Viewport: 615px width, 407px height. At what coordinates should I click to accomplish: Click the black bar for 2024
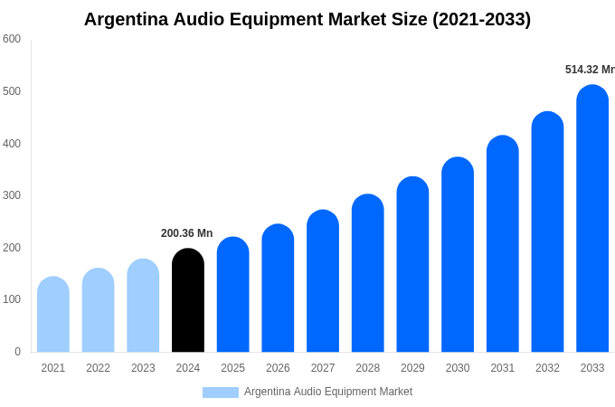coord(188,300)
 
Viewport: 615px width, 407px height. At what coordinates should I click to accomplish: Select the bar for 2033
coord(592,219)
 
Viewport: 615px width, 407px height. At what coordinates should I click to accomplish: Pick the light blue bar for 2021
coord(53,315)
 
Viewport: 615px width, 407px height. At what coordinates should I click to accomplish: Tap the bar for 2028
coord(368,273)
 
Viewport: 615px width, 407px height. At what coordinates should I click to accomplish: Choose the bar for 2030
coord(458,255)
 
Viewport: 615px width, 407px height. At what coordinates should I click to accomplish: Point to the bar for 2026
coord(278,289)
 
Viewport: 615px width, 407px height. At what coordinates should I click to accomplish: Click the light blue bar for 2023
coord(143,306)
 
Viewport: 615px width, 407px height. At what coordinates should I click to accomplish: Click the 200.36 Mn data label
coord(186,233)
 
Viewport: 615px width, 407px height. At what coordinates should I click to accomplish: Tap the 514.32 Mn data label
coord(589,70)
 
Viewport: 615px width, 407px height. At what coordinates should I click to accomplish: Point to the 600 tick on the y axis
coord(12,39)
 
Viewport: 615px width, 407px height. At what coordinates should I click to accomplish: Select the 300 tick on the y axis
coord(12,195)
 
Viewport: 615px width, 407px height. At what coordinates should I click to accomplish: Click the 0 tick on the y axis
coord(17,352)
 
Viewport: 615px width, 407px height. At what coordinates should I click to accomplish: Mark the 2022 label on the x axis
coord(98,368)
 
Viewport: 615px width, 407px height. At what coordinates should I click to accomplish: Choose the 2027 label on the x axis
coord(323,368)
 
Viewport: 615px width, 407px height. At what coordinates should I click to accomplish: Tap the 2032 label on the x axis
coord(547,368)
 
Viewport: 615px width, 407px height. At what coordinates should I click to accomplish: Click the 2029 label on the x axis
coord(412,368)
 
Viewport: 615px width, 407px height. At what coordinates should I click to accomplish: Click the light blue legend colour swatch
coord(221,393)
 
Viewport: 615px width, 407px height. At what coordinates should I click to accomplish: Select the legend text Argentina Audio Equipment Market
coord(327,392)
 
